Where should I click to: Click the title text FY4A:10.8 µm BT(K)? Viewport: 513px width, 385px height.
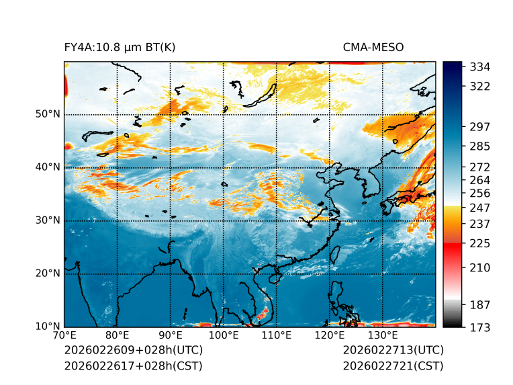pos(120,47)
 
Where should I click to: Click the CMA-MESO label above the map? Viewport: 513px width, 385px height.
pos(373,47)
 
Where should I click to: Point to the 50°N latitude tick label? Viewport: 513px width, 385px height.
pos(48,114)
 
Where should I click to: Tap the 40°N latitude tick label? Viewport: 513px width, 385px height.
pos(48,167)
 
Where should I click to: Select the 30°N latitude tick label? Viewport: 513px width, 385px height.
pos(48,220)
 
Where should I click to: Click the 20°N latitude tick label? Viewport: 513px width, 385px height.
pos(48,273)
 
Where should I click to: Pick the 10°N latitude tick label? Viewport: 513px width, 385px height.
pos(48,327)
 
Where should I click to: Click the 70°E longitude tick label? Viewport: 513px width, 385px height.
pos(64,335)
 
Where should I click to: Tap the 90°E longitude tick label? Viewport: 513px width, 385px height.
pos(171,335)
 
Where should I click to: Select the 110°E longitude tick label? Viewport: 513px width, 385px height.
pos(276,335)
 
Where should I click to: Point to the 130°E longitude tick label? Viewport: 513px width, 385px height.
pos(382,335)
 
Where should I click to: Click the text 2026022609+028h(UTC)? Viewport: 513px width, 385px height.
pos(133,350)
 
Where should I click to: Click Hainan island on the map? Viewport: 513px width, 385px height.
pos(274,277)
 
